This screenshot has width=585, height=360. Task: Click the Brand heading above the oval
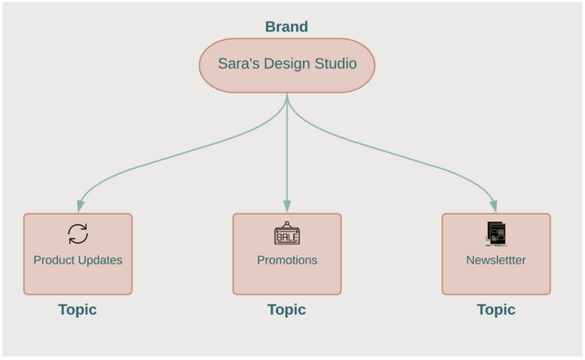coord(286,27)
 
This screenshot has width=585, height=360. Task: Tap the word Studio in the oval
coord(336,64)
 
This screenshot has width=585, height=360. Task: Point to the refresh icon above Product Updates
coord(78,234)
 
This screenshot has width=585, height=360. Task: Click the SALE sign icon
coord(287,234)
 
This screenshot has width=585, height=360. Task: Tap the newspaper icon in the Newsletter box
coord(496,234)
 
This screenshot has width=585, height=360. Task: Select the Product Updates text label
coord(78,260)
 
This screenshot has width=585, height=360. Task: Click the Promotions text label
coord(287,260)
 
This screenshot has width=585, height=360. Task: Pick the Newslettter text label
coord(496,260)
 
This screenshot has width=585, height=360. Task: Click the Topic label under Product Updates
coord(77,309)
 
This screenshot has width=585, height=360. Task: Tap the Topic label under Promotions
coord(287,309)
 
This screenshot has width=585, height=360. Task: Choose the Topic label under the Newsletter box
coord(496,309)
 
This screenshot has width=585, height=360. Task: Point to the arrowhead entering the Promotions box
coord(287,206)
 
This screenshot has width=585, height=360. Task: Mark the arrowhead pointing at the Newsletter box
coord(494,206)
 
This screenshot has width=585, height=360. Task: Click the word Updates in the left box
coord(101,260)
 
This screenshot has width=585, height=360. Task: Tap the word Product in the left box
coord(54,260)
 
